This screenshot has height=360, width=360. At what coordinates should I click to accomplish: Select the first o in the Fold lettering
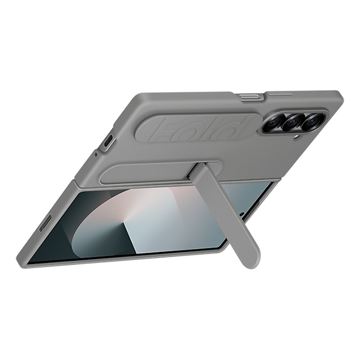click(x=191, y=129)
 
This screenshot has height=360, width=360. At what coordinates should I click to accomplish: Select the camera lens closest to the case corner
click(x=312, y=122)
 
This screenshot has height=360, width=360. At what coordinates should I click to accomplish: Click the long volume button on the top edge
click(x=281, y=94)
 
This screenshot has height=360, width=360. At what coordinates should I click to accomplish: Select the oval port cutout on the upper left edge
click(x=107, y=142)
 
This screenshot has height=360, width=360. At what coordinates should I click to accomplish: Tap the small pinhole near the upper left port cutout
click(x=95, y=155)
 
